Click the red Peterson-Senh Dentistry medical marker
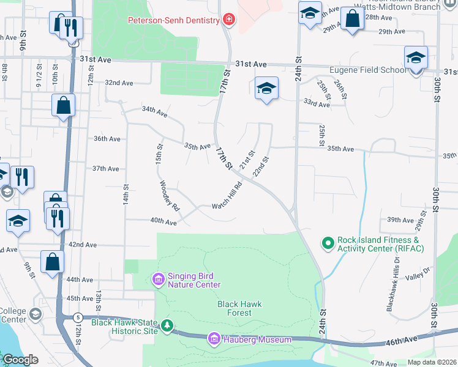pos(229,20)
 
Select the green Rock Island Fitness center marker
pos(328,243)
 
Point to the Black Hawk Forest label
pos(235,308)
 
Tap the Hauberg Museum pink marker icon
pos(214,339)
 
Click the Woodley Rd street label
pos(169,196)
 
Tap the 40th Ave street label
pos(163,222)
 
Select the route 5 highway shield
pos(77,317)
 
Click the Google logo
pos(20,360)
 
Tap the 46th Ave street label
pos(419,338)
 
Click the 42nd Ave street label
pos(83,245)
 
